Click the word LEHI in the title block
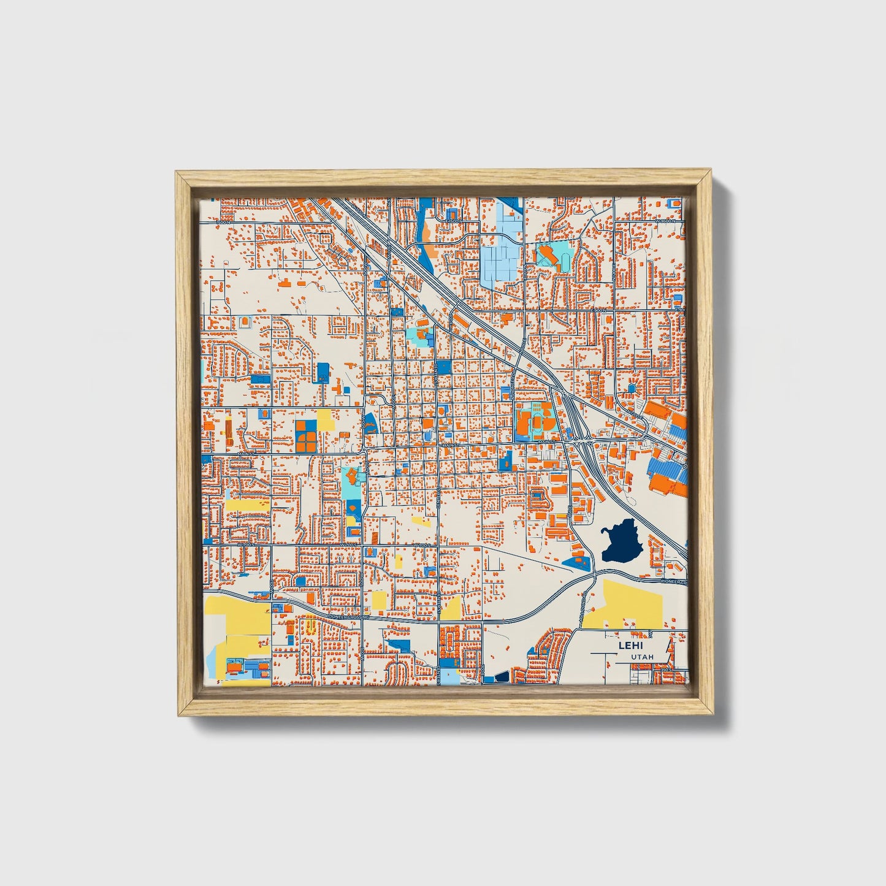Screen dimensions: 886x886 click(627, 645)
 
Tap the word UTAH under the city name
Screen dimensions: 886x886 click(642, 657)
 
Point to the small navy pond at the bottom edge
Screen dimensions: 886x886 click(502, 677)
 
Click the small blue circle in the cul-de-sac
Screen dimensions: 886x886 click(632, 389)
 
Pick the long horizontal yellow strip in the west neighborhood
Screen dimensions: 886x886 click(247, 505)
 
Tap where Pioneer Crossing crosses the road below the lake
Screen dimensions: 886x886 click(594, 576)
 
